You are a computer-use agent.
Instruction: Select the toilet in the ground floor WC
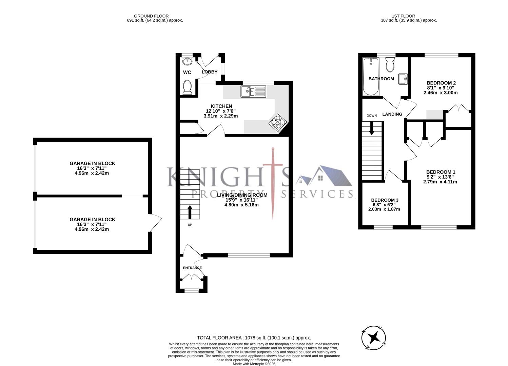click(x=187, y=87)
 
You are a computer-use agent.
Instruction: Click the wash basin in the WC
click(x=187, y=61)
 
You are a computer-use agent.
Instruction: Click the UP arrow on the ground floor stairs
click(x=189, y=212)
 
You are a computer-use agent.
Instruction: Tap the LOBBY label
click(x=210, y=72)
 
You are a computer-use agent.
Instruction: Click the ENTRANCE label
click(x=192, y=268)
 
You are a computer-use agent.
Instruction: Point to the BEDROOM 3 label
click(x=384, y=200)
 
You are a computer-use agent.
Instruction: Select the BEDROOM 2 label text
click(x=441, y=83)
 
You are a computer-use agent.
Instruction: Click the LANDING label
click(x=392, y=114)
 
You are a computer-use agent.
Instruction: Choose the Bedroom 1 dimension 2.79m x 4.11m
click(x=440, y=182)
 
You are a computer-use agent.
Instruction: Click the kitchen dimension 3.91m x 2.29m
click(x=220, y=116)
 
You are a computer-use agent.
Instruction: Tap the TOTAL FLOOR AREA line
click(x=254, y=338)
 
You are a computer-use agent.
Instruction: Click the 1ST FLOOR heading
click(x=403, y=16)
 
